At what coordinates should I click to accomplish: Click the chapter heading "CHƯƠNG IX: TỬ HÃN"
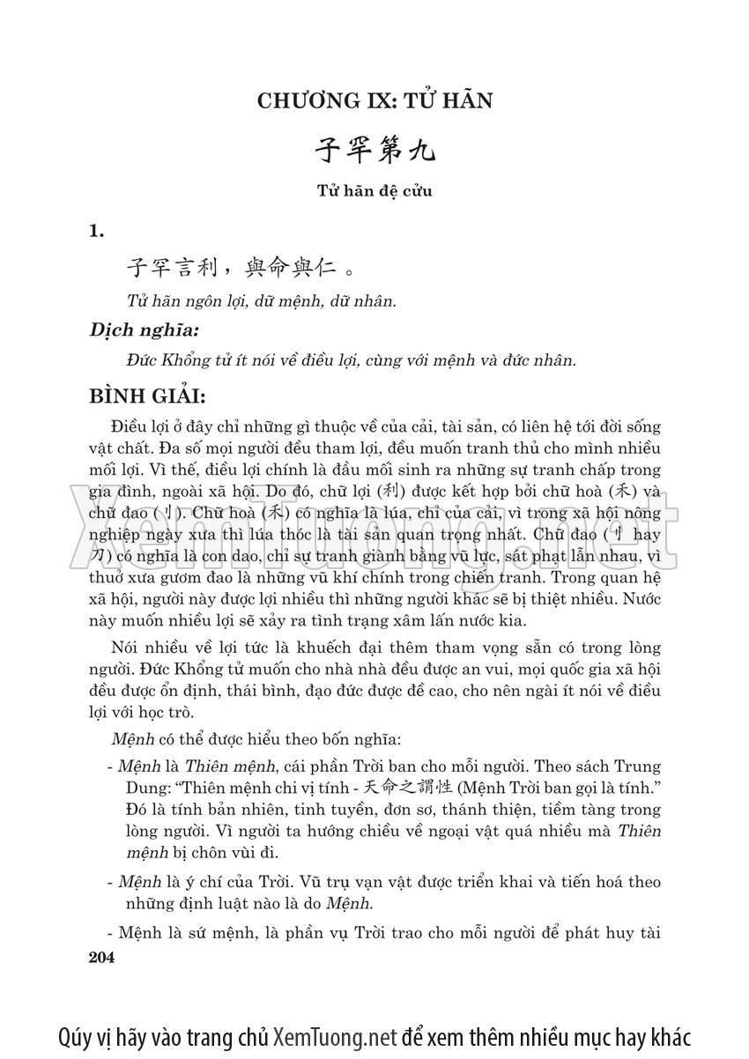(x=374, y=100)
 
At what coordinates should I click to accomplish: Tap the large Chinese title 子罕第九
(x=374, y=151)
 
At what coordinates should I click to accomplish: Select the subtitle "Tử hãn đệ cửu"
(x=374, y=190)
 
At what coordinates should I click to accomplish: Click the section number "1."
(x=97, y=231)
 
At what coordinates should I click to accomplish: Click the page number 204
(x=103, y=957)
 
